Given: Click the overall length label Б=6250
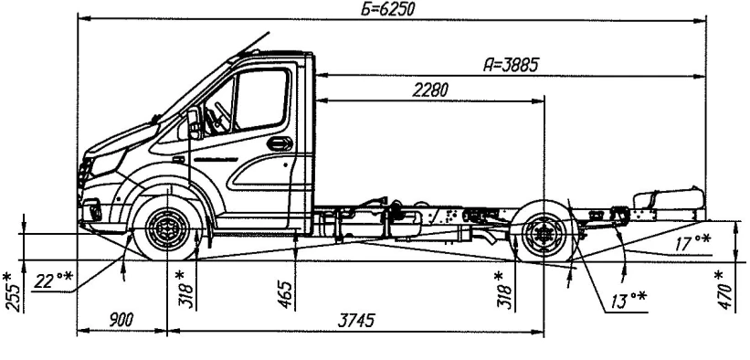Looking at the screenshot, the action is coord(387,9).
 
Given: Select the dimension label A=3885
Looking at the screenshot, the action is coord(511,65).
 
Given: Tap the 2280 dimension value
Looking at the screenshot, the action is coord(430,90).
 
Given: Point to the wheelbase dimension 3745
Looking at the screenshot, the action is coord(356,321).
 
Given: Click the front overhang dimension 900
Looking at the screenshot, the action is coord(121,321).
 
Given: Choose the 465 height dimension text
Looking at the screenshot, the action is coord(286,295).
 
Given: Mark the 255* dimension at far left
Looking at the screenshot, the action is coord(14,292).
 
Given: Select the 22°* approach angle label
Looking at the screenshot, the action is coord(53,281).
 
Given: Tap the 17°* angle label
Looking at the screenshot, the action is coord(692,243).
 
